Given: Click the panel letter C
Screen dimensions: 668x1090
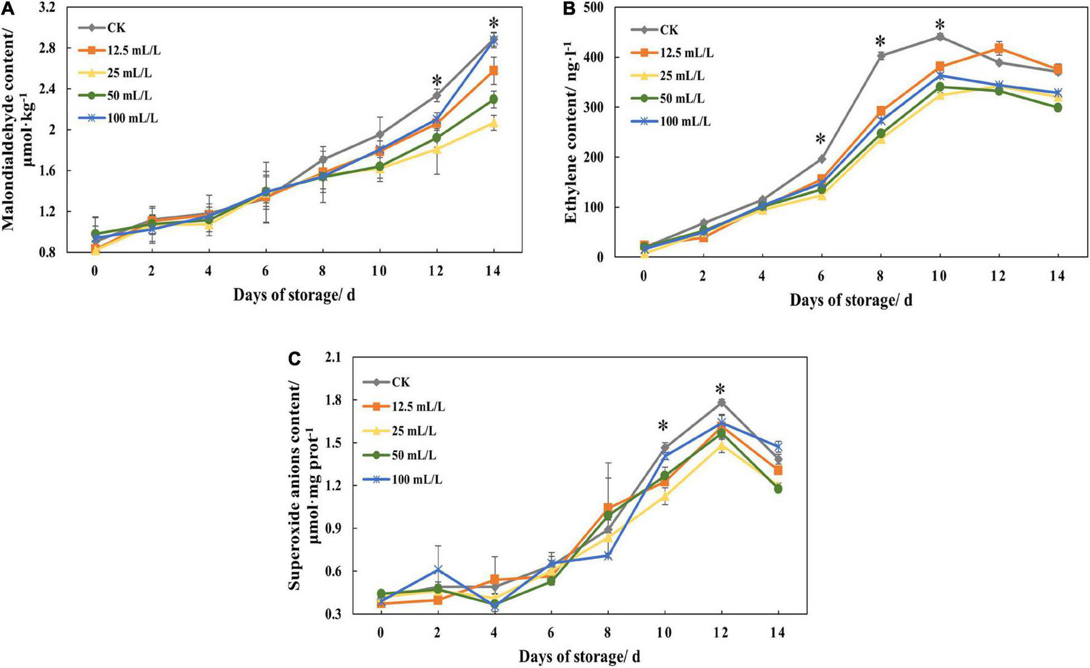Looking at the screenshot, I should pyautogui.click(x=295, y=358).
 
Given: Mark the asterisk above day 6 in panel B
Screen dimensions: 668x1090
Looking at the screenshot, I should pyautogui.click(x=821, y=140).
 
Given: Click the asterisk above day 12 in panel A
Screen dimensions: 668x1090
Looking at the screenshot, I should pyautogui.click(x=437, y=81).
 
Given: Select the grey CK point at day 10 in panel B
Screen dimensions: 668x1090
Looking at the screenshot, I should pyautogui.click(x=939, y=37).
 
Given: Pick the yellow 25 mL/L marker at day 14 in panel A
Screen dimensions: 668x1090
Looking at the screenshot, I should pyautogui.click(x=493, y=123).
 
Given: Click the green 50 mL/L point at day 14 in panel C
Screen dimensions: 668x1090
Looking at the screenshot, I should pyautogui.click(x=778, y=488).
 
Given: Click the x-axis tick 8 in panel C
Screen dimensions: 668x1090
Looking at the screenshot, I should pyautogui.click(x=608, y=632).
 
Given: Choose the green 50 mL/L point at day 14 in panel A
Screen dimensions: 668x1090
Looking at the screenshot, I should pyautogui.click(x=493, y=99).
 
